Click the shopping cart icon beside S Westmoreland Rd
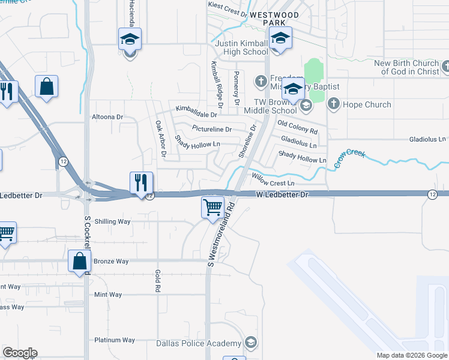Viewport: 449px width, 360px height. click(x=212, y=208)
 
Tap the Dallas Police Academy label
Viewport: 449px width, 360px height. click(x=198, y=344)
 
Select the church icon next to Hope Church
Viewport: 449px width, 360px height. click(x=334, y=104)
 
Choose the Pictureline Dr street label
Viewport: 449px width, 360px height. click(x=211, y=129)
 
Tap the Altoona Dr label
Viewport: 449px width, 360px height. click(x=107, y=117)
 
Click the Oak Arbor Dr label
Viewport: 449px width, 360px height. click(x=160, y=139)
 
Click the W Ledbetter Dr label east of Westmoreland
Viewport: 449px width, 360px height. click(x=282, y=195)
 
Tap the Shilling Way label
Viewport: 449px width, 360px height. click(x=112, y=221)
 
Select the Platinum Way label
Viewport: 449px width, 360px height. click(x=115, y=340)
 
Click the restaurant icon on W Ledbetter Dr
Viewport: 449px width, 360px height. click(x=141, y=183)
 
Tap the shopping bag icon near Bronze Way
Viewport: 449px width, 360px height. click(x=79, y=261)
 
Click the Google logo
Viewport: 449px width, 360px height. click(x=20, y=353)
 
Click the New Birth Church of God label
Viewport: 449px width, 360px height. click(x=406, y=68)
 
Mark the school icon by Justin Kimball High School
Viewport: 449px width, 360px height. click(x=280, y=39)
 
